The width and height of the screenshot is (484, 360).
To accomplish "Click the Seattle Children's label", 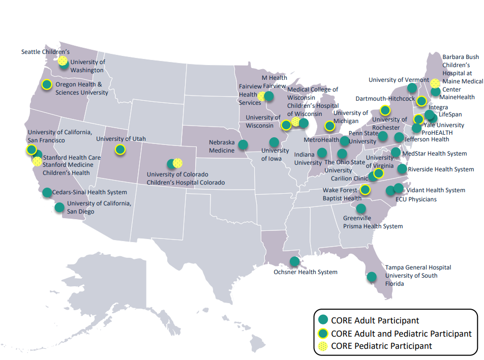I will click(45, 52).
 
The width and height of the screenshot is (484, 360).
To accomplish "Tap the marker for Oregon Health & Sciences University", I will click(47, 84).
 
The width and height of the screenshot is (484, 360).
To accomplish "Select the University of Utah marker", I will click(120, 149).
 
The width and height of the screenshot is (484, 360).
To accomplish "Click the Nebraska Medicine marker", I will click(243, 144).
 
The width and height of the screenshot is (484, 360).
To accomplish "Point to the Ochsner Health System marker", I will click(294, 261).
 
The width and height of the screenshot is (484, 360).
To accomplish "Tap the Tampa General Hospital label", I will click(418, 267).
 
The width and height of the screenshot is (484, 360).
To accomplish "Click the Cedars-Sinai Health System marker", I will click(47, 192).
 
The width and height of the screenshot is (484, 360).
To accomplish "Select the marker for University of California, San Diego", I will click(59, 207).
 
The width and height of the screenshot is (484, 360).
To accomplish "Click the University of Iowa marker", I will click(275, 142).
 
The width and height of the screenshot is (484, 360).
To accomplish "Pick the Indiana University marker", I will click(321, 152).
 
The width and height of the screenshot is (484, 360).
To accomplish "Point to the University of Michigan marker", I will click(329, 126).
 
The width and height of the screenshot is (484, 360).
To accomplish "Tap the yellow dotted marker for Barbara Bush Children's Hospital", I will click(435, 83).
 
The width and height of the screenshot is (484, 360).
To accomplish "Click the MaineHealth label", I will click(457, 97).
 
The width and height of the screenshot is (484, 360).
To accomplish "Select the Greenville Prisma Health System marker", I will click(361, 208).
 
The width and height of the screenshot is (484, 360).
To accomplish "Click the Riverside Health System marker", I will click(402, 168).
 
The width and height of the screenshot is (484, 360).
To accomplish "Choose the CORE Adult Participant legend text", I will click(375, 320).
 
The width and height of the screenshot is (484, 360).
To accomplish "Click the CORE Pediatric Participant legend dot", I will click(322, 346).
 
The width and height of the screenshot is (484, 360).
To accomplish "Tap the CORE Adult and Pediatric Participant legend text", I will click(401, 334).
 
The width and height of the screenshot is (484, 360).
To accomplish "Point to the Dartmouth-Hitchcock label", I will click(385, 99).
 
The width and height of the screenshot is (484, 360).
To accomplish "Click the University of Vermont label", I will click(399, 80).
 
